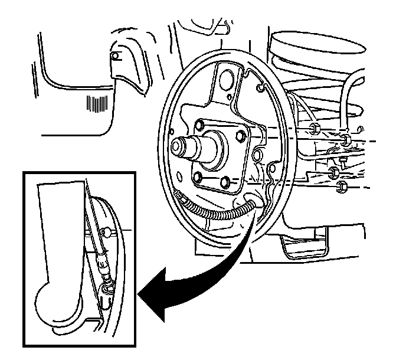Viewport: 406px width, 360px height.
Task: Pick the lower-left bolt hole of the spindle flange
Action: point(201,178)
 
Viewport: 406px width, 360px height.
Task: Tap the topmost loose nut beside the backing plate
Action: point(314,129)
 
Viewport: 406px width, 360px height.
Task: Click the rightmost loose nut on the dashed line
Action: point(345,140)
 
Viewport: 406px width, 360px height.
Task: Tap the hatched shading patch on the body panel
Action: point(94,103)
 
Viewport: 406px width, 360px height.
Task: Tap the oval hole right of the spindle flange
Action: point(256,156)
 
